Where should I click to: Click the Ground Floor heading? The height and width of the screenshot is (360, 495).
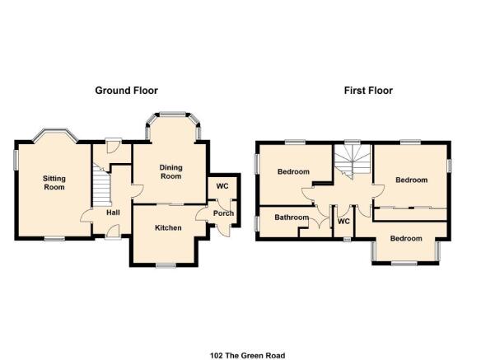click(x=126, y=91)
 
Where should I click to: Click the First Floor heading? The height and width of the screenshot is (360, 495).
click(x=368, y=91)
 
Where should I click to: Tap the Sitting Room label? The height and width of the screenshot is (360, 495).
click(x=54, y=183)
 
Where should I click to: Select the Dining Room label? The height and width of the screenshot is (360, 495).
click(x=170, y=172)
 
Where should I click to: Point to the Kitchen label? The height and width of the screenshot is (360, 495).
click(x=168, y=227)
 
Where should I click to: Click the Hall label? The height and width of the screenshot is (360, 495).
click(x=113, y=213)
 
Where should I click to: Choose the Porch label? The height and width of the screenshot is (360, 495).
click(x=223, y=213)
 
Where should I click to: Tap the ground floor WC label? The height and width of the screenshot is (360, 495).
click(x=222, y=186)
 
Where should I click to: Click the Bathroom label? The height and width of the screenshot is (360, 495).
click(x=292, y=217)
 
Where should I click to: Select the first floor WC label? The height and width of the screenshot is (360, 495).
click(x=343, y=221)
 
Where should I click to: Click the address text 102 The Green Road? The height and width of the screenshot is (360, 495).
click(x=247, y=356)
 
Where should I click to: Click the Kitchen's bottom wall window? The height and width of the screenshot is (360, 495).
click(x=166, y=265)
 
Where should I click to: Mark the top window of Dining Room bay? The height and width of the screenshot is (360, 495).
click(x=172, y=114)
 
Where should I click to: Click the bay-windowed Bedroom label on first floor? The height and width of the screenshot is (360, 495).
click(x=406, y=238)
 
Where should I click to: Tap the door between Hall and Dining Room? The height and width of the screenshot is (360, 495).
click(x=138, y=191)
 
